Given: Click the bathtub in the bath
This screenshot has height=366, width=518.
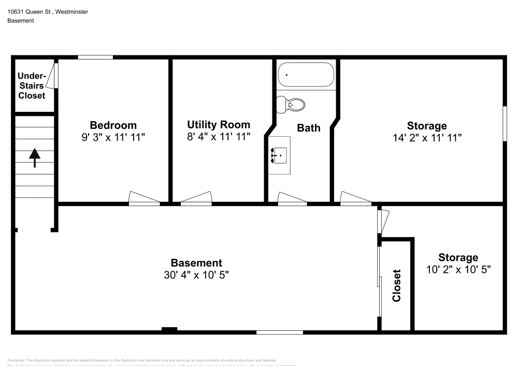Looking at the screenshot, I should [x=306, y=75].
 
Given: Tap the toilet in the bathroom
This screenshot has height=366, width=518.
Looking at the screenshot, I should [x=291, y=105].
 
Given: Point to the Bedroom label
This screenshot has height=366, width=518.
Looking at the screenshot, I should [x=113, y=125].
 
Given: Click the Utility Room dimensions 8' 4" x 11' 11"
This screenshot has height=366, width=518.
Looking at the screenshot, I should [x=219, y=137].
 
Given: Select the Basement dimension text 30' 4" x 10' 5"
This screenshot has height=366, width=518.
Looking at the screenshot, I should [x=196, y=275].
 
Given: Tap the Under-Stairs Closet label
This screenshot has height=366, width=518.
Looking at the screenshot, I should [x=32, y=86].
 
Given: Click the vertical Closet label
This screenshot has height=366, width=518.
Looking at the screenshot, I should [x=397, y=285].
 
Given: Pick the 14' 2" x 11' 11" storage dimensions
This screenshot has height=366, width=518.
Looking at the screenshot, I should [x=427, y=138].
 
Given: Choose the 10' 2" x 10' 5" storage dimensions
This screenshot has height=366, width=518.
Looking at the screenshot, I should [x=458, y=269].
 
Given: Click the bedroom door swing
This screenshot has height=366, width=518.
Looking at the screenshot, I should [x=144, y=198].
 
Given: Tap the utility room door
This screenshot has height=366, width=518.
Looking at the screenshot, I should [x=197, y=198].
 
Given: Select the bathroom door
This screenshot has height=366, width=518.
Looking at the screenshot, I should [x=292, y=199].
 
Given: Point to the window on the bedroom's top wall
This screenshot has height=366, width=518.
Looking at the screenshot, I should [x=95, y=57].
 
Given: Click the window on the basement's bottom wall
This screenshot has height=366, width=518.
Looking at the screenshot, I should [x=272, y=332].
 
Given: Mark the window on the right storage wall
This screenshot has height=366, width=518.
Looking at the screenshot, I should [x=505, y=124].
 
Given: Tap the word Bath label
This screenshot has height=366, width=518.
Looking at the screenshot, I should [x=308, y=128].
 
